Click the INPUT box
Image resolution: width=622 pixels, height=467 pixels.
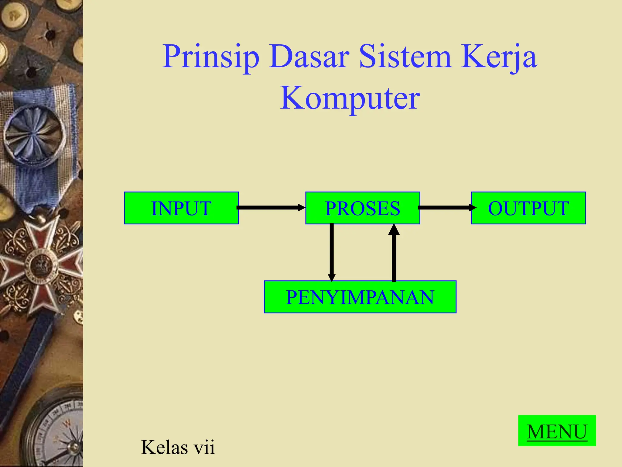[x=181, y=208]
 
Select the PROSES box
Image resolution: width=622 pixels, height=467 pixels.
[x=363, y=208]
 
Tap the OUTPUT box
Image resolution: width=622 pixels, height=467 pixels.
[x=528, y=208]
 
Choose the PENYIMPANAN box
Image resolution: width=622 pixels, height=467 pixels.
[x=360, y=297]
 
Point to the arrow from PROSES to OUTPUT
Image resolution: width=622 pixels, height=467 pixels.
[x=446, y=208]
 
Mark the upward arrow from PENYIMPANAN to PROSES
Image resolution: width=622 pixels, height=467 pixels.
[x=394, y=252]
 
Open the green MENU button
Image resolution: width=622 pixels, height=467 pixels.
[x=557, y=431]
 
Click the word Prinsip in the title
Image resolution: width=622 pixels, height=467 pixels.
[x=211, y=57]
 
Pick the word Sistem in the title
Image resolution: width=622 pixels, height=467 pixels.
[x=405, y=57]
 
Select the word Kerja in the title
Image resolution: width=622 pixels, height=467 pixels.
[x=499, y=57]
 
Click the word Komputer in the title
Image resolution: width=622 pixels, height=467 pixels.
[x=350, y=98]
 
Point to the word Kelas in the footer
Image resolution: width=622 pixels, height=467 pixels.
[x=164, y=447]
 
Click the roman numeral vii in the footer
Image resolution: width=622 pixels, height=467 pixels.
[x=204, y=447]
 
